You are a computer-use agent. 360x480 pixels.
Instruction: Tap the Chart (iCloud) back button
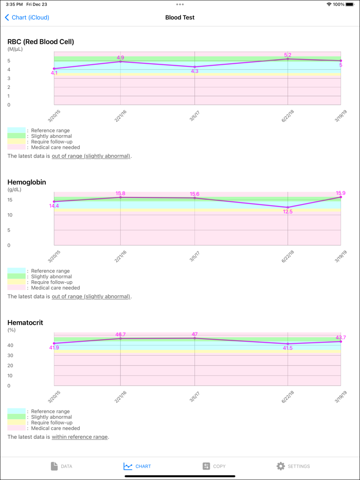tap(27, 17)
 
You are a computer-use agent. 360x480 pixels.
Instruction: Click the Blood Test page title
tap(179, 17)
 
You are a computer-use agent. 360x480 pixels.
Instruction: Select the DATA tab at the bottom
tap(61, 466)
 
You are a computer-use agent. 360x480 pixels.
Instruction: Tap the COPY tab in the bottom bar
tap(214, 466)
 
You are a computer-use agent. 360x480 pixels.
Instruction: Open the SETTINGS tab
tap(293, 466)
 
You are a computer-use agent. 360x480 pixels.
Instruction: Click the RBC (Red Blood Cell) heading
tap(41, 42)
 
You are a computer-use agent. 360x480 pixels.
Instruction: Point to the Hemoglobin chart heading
tap(27, 182)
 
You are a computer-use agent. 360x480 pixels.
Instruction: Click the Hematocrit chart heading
tap(25, 323)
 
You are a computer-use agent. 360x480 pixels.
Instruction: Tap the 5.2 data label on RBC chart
tap(288, 54)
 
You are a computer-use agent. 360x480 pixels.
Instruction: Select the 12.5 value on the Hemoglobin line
tap(288, 212)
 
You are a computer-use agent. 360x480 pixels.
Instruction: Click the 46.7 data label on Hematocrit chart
tap(121, 335)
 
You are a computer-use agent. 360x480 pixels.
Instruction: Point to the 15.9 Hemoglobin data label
tap(340, 193)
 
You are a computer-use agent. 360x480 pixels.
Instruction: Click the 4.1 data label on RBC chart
tap(54, 73)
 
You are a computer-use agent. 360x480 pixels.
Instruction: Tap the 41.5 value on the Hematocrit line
tap(288, 348)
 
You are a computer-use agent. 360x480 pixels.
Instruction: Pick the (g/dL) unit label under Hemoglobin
tap(14, 190)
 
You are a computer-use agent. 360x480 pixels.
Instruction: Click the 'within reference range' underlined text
tap(80, 437)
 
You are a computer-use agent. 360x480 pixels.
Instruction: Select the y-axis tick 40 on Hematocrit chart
tap(10, 345)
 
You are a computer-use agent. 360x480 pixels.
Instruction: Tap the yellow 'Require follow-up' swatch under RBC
tap(16, 142)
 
